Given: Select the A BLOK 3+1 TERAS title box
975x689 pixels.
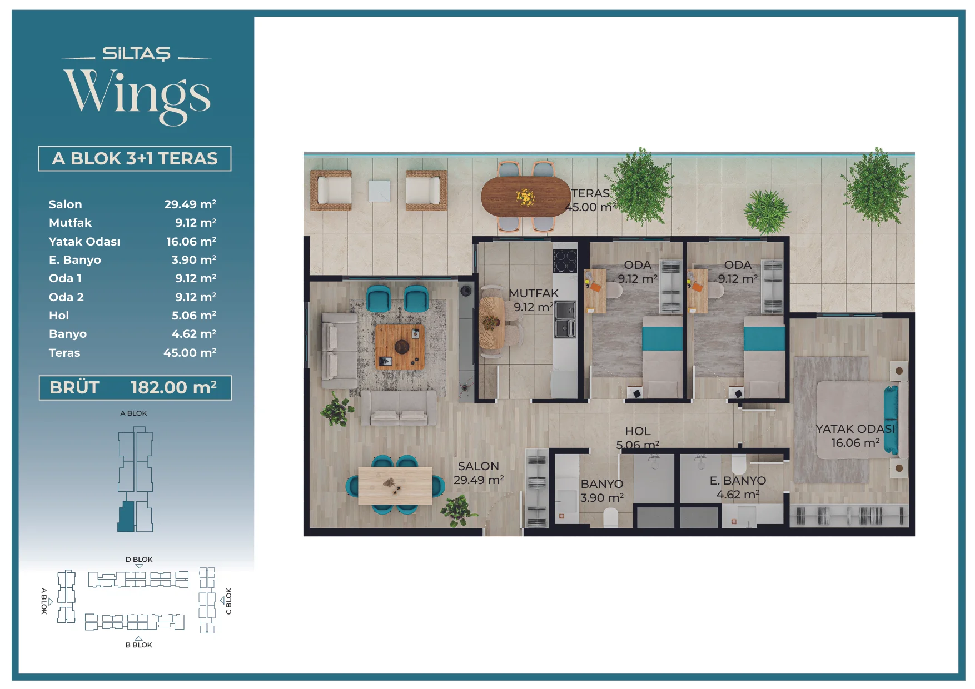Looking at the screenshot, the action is (135, 158).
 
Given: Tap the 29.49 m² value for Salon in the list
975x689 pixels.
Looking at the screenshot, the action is (190, 204).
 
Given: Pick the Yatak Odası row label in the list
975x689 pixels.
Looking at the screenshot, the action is (84, 242).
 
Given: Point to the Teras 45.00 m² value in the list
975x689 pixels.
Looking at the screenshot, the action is (190, 352).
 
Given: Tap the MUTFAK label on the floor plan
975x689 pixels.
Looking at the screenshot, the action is (534, 293).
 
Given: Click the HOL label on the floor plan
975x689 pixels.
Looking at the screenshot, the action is (638, 431).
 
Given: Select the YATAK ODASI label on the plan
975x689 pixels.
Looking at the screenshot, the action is (855, 428).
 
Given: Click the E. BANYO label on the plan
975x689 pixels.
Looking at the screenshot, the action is (738, 480).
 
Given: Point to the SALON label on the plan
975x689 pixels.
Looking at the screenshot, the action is (479, 466).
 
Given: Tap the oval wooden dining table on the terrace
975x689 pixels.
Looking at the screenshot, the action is (526, 196).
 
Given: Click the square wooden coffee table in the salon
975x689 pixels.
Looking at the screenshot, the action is (400, 347).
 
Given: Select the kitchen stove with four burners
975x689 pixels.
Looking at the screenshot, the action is (565, 260).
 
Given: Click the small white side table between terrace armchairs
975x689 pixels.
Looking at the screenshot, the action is (379, 191).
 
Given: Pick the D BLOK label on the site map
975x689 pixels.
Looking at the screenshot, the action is (139, 560).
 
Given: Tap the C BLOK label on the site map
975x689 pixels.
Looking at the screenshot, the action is (228, 601).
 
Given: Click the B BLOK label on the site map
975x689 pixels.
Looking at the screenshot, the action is (138, 645).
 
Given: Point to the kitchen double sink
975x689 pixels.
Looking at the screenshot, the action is (565, 319).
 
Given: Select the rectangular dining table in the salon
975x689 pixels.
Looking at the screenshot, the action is (395, 486).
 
